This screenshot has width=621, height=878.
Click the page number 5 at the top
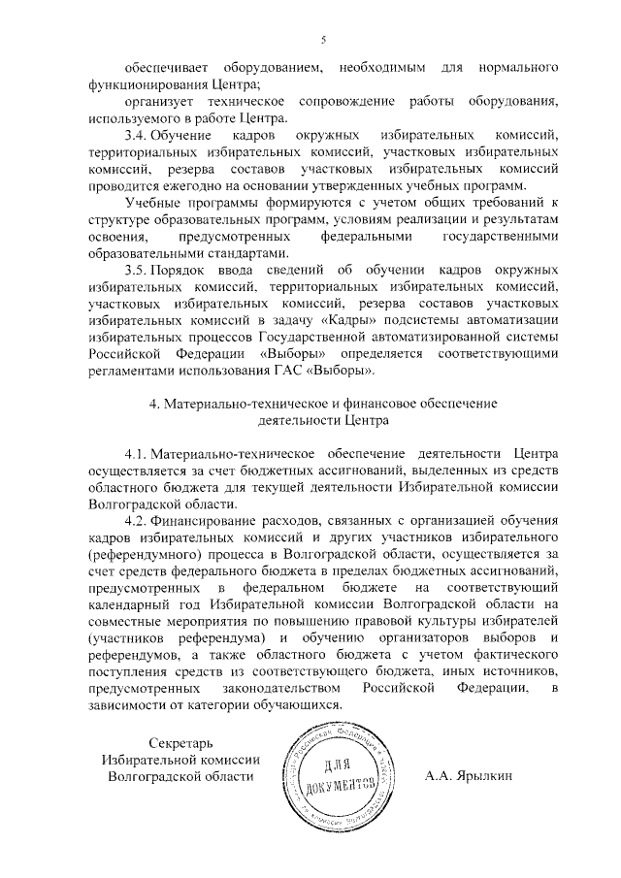pos(323,40)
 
